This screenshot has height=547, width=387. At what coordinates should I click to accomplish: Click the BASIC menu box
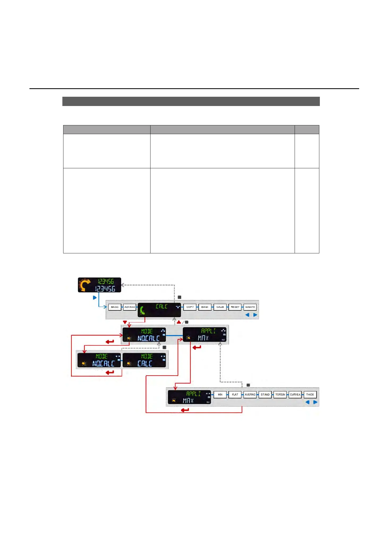tap(115, 307)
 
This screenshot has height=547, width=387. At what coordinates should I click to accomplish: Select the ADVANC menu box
tap(130, 307)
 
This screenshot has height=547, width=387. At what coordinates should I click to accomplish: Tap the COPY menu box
tap(190, 307)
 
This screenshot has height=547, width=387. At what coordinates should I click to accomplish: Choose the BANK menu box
tap(205, 307)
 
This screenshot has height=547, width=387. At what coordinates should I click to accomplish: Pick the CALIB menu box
tap(220, 307)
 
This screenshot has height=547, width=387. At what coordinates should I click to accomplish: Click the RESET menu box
tap(235, 307)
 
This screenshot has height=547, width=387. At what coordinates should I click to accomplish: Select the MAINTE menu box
tap(250, 307)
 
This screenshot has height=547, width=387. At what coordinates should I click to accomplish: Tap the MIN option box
tap(220, 395)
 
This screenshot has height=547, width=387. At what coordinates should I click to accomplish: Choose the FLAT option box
tap(235, 395)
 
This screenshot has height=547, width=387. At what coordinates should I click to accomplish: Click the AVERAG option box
tap(250, 395)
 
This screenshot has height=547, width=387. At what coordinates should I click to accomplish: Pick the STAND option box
tap(265, 395)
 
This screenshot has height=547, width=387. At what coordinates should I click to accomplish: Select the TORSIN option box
tap(280, 395)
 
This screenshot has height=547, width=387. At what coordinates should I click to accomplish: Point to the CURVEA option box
tap(295, 395)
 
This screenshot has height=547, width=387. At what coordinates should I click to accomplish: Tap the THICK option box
tap(310, 395)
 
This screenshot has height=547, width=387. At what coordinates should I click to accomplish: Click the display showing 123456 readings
tap(100, 285)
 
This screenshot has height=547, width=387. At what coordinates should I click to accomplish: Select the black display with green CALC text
tap(159, 310)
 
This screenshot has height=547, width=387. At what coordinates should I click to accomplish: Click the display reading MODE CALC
tap(144, 360)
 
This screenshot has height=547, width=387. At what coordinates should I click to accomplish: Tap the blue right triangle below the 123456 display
tap(95, 298)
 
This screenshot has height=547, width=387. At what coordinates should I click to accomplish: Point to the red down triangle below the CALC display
tap(125, 322)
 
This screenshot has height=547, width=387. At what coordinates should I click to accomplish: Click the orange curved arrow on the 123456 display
tap(84, 285)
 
